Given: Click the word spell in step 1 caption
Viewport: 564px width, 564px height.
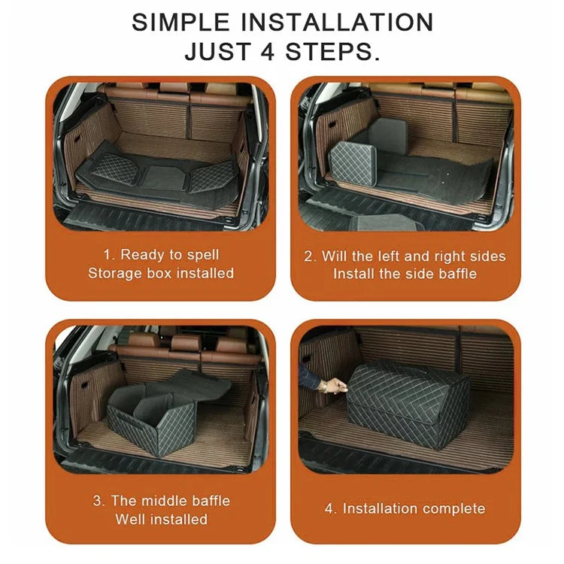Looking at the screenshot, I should click(202, 255).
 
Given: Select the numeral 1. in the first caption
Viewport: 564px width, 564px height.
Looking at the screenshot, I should click(108, 255).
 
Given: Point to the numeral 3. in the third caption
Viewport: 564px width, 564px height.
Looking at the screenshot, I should click(99, 501).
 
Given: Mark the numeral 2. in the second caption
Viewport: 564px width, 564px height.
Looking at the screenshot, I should click(310, 256).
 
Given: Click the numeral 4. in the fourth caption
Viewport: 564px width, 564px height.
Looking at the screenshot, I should click(331, 509).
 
